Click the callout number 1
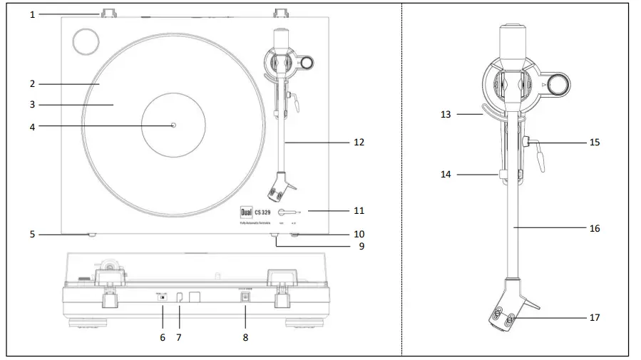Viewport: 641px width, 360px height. point(32,14)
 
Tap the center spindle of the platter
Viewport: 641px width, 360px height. point(173,125)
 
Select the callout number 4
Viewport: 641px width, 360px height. point(32,126)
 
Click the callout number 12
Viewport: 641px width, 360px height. point(359,142)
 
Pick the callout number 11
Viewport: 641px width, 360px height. point(359,210)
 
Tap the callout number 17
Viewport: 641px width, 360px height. point(595,317)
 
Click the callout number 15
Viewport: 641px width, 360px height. point(595,142)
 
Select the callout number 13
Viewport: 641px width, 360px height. point(446,113)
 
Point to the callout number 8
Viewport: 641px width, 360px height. point(245,337)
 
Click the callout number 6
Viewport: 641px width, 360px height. point(162,337)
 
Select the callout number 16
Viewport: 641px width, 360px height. point(595,228)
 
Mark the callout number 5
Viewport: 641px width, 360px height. point(32,233)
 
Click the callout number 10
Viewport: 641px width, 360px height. point(359,233)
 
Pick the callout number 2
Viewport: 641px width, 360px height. point(32,83)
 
